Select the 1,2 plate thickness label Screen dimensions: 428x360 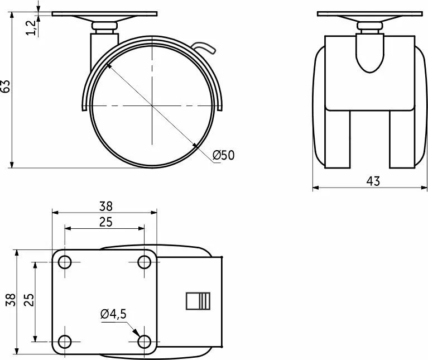(x=31, y=27)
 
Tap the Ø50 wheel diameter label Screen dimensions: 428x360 (x=223, y=155)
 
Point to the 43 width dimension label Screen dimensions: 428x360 (x=373, y=181)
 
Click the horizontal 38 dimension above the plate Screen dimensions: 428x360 (x=105, y=207)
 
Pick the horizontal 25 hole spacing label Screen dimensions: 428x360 (x=105, y=222)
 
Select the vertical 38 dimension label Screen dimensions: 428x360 (x=11, y=300)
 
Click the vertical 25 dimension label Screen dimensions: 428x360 (x=29, y=300)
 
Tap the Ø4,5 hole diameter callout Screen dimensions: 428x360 (x=113, y=314)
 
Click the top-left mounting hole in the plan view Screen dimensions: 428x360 (x=65, y=262)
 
